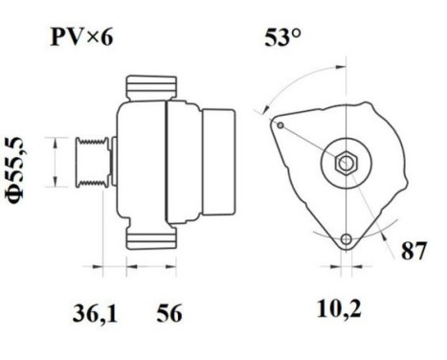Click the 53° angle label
[x=283, y=39]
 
